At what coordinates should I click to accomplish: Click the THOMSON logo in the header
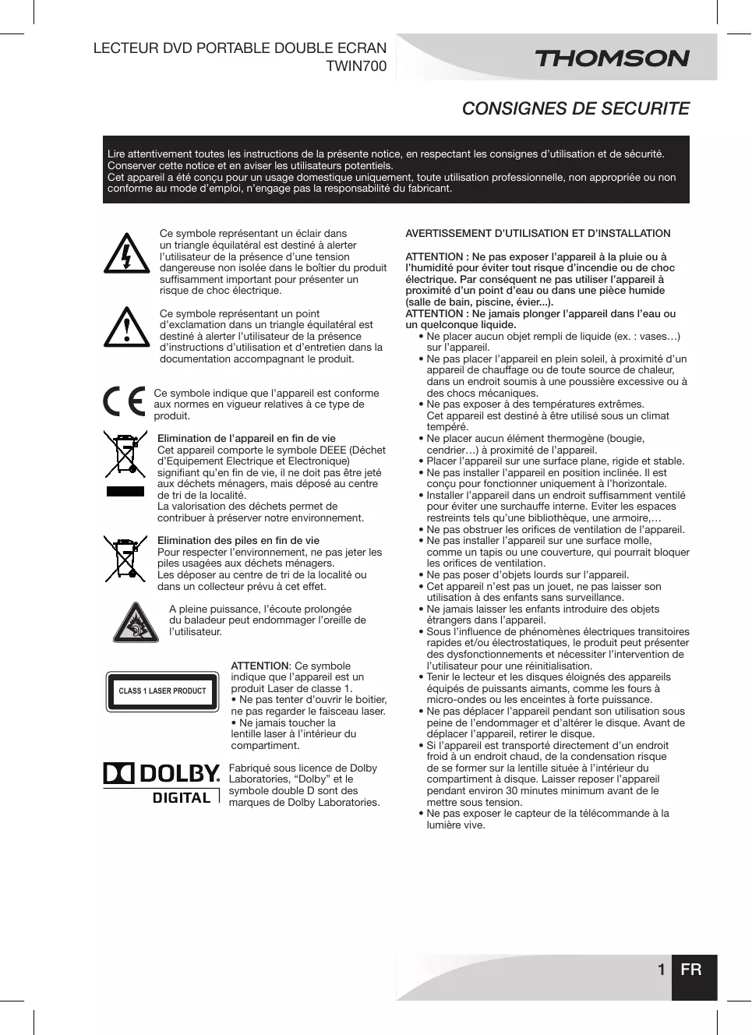pyautogui.click(x=612, y=58)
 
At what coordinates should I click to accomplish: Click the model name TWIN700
pyautogui.click(x=355, y=66)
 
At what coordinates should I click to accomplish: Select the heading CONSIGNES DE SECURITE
pyautogui.click(x=575, y=108)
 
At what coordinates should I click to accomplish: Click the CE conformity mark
pyautogui.click(x=125, y=401)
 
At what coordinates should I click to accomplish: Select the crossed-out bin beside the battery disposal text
pyautogui.click(x=125, y=558)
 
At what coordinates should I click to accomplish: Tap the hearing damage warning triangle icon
pyautogui.click(x=136, y=623)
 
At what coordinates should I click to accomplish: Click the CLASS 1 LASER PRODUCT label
pyautogui.click(x=162, y=691)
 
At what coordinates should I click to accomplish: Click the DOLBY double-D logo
pyautogui.click(x=118, y=774)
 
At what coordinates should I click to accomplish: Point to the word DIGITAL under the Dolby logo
pyautogui.click(x=181, y=797)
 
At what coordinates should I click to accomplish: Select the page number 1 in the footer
pyautogui.click(x=661, y=970)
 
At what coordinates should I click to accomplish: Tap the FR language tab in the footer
pyautogui.click(x=691, y=970)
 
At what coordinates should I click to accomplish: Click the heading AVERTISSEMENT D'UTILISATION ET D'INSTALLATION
pyautogui.click(x=538, y=233)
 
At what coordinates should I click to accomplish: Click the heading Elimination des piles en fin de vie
pyautogui.click(x=238, y=540)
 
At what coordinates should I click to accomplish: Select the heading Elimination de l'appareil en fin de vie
pyautogui.click(x=246, y=438)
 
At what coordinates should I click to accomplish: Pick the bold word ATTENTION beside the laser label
pyautogui.click(x=259, y=666)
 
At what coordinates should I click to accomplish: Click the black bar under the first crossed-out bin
pyautogui.click(x=125, y=491)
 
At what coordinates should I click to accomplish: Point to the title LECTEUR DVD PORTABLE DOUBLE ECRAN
pyautogui.click(x=240, y=48)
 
